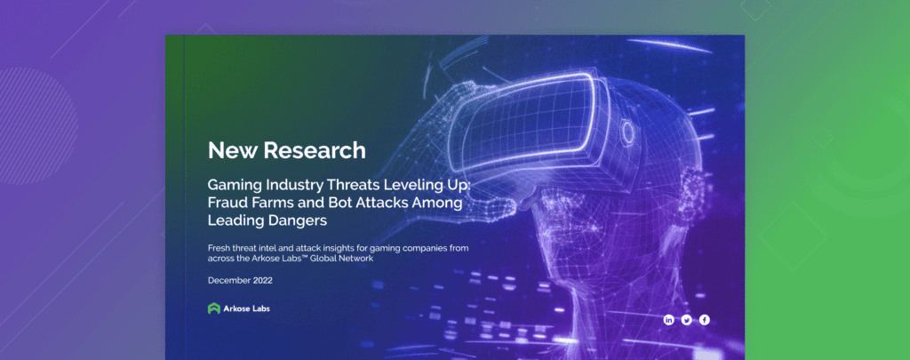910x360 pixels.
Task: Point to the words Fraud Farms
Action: (x=257, y=202)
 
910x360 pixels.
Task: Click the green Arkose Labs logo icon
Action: (x=213, y=308)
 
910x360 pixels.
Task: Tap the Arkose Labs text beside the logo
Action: (x=247, y=308)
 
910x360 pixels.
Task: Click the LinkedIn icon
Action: (x=668, y=319)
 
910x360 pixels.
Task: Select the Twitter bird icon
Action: (x=686, y=319)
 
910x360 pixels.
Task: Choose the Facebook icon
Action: (x=704, y=319)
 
